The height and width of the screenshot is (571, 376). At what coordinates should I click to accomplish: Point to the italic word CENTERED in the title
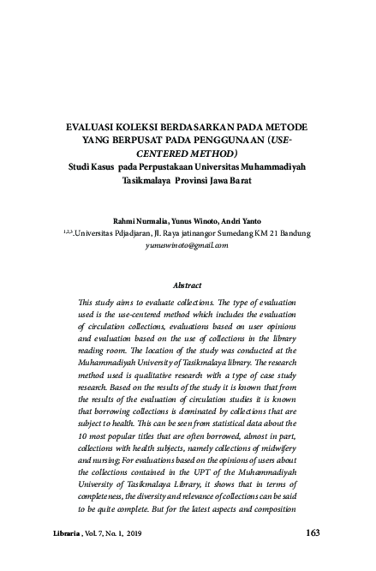click(x=152, y=153)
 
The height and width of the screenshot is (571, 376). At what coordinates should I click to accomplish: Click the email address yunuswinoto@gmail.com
click(x=188, y=244)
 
